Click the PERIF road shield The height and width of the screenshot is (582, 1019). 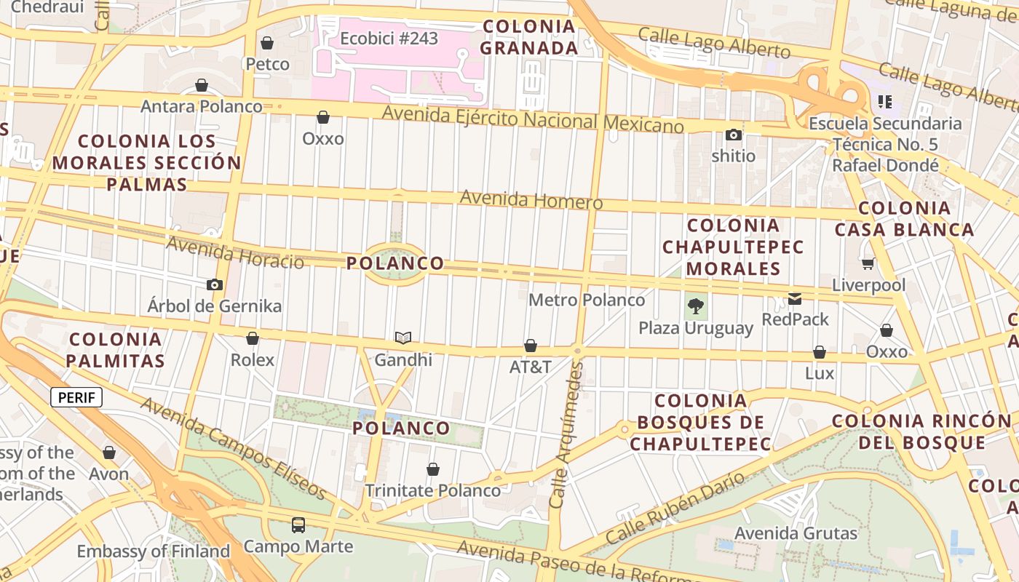[76, 398]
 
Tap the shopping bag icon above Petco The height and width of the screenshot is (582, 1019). [267, 43]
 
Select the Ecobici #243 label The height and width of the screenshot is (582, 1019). [389, 38]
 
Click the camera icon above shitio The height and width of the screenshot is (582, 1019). [733, 135]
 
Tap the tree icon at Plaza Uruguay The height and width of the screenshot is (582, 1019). [696, 306]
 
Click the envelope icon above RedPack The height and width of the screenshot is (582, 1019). [795, 299]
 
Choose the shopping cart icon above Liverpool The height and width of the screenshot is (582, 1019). [868, 263]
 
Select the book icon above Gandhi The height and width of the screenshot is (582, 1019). [403, 338]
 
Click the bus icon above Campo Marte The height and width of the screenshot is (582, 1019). [298, 525]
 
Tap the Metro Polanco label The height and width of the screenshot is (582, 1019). [586, 300]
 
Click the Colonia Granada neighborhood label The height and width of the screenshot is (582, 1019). [529, 38]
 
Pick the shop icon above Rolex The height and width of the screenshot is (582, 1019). [253, 338]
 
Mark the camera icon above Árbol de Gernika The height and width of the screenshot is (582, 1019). [214, 284]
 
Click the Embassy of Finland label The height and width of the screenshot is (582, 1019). [153, 551]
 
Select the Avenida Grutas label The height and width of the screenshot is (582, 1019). [796, 533]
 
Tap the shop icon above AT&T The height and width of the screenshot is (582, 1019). [531, 346]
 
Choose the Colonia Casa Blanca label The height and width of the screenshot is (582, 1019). [904, 219]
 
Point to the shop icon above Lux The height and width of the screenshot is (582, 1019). [820, 353]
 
